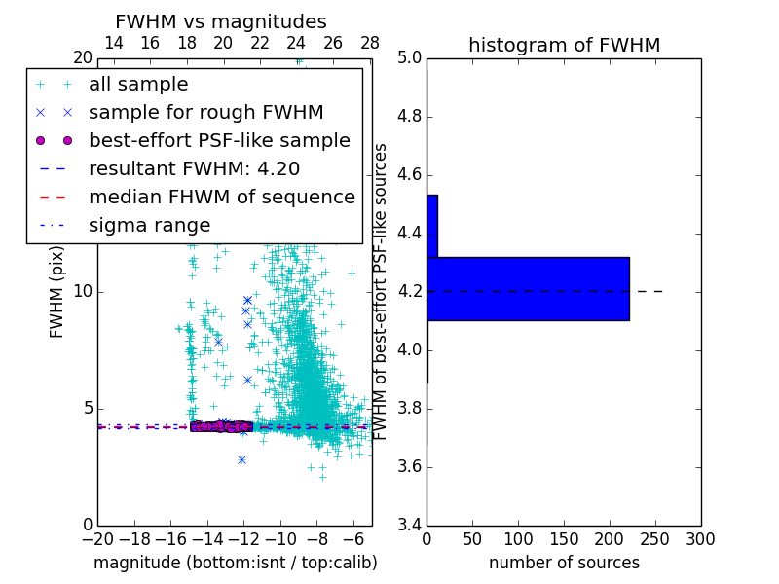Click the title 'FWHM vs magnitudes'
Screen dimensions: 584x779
coord(221,22)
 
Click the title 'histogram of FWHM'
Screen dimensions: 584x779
coord(564,45)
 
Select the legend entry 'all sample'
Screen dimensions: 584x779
coord(138,85)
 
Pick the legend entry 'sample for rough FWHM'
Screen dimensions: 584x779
coord(205,112)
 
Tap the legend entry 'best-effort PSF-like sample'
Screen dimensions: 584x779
coord(219,140)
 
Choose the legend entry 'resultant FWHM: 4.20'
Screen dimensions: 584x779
coord(194,168)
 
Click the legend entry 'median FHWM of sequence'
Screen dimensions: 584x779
coord(221,197)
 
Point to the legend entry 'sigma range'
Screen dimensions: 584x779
coord(149,225)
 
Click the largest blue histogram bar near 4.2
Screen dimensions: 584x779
coord(528,288)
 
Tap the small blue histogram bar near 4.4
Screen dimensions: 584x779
coord(432,226)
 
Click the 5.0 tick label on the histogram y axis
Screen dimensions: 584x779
coord(409,58)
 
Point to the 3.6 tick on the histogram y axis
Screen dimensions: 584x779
coord(409,466)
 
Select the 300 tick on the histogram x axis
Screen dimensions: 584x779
coord(700,539)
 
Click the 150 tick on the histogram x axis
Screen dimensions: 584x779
coord(564,539)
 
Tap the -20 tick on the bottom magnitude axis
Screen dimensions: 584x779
coord(97,539)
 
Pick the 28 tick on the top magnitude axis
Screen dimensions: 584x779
coord(370,43)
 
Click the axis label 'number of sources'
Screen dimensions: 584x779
coord(564,563)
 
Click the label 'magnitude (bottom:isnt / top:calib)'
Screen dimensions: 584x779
coord(235,563)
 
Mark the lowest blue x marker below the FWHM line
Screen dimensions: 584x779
coord(241,459)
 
